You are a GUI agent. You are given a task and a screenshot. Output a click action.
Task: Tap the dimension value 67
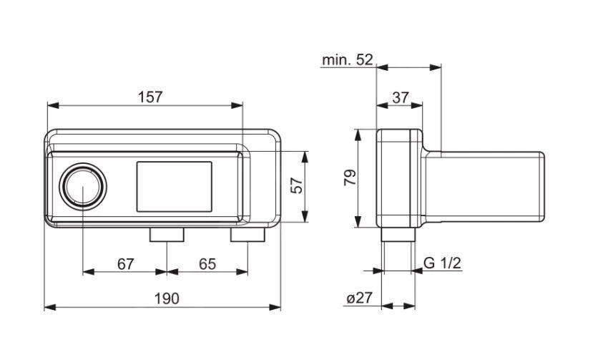(x=126, y=263)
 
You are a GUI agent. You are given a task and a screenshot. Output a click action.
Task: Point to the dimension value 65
(x=207, y=263)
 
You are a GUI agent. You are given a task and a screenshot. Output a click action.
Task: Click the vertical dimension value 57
(x=298, y=185)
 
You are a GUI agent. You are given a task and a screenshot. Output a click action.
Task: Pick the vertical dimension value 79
(x=349, y=178)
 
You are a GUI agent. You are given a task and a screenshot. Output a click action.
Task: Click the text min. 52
(x=347, y=60)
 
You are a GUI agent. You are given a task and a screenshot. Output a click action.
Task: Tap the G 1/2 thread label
(x=442, y=263)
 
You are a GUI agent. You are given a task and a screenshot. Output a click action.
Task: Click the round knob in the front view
(x=84, y=186)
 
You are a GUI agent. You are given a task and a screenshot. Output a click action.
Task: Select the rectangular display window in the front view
(x=174, y=186)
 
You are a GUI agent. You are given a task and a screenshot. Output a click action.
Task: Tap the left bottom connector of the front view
(x=167, y=233)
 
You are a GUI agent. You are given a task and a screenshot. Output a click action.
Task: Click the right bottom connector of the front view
(x=247, y=233)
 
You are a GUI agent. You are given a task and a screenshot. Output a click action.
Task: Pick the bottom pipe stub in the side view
(x=398, y=234)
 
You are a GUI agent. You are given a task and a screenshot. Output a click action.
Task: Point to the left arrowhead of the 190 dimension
(x=49, y=307)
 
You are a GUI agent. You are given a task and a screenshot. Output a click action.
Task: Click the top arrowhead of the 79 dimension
(x=357, y=134)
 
